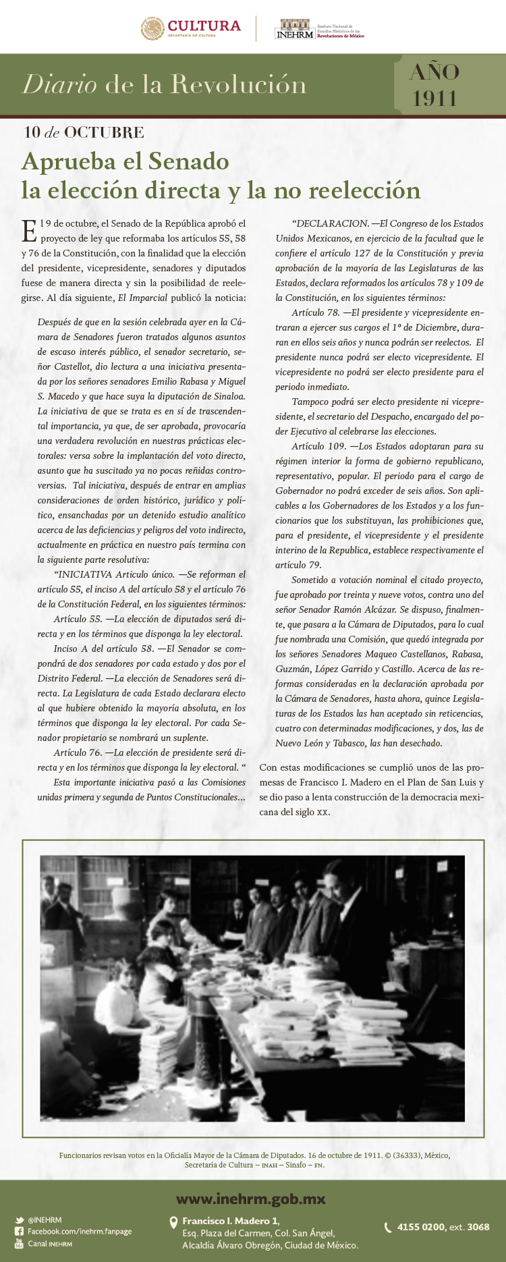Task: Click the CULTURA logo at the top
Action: (x=190, y=28)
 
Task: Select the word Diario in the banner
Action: (x=59, y=84)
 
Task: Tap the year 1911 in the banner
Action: (x=435, y=99)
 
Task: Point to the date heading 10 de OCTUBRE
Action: (x=84, y=132)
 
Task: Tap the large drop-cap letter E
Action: (x=29, y=231)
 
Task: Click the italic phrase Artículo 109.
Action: (x=318, y=446)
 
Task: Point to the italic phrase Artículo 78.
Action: (x=315, y=312)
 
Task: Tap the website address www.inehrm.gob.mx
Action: (x=251, y=1199)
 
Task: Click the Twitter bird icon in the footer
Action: (x=20, y=1220)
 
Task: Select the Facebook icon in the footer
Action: (x=20, y=1232)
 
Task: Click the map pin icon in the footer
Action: (x=173, y=1222)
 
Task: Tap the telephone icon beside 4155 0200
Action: (x=388, y=1227)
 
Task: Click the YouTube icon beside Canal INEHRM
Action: (x=20, y=1243)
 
